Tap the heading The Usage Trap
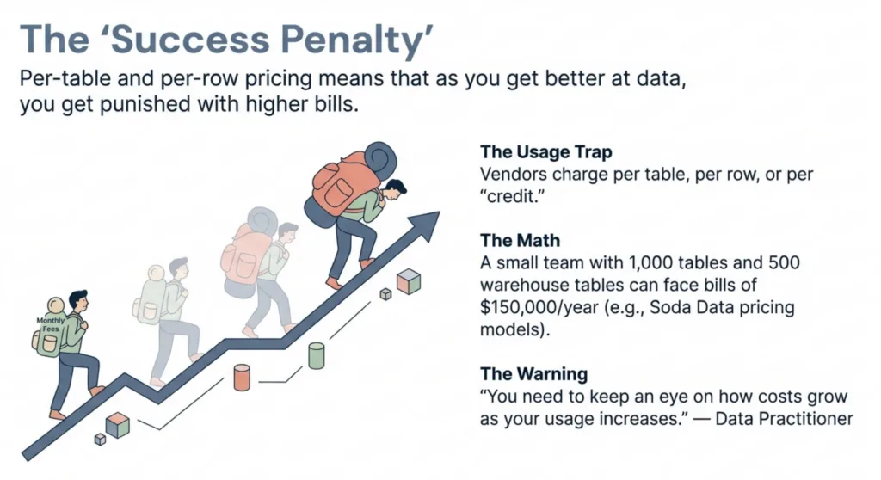pos(546,151)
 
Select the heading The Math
pos(521,241)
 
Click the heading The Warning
pos(534,374)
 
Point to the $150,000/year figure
pos(539,307)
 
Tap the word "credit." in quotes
pos(513,197)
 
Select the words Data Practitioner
pos(784,419)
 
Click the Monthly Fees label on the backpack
pos(51,324)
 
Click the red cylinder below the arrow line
pos(242,377)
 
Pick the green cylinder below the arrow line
pos(317,355)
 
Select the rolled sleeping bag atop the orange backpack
pos(379,160)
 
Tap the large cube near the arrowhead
pos(409,281)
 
